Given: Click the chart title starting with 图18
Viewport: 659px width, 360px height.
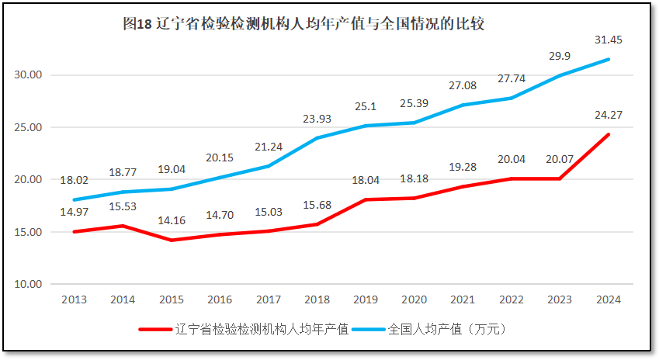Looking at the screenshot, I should pos(303,23).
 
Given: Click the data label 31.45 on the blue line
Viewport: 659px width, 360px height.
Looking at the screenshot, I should pos(609,39).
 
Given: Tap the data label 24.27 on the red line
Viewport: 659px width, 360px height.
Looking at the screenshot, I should pos(609,115).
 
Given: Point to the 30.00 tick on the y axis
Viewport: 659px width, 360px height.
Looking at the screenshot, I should pos(29,75).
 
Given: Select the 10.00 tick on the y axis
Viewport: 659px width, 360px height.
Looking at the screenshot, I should pos(29,284).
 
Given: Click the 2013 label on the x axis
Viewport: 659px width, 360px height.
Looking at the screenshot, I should pos(74,300).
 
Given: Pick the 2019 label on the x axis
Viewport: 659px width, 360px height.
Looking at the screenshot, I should pos(365,300).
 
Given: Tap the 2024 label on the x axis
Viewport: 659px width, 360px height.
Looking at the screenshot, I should pos(609,300).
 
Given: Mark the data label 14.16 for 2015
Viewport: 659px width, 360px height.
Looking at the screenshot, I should pos(171,221).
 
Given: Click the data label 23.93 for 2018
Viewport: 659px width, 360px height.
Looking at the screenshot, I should pos(317,119).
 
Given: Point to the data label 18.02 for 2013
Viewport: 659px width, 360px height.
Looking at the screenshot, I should pos(74,180).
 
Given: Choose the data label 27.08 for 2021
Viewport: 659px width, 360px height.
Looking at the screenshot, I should pos(463,85).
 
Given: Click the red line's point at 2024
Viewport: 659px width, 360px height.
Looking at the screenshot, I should pos(609,134).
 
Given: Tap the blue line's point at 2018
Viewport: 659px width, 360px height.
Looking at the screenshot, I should pos(317,138).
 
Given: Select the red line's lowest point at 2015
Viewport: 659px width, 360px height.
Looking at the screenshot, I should pos(171,240).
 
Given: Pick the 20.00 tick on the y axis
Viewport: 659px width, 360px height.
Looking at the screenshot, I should pos(29,180).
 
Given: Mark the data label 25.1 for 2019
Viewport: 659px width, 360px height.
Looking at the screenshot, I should pos(365,106).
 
